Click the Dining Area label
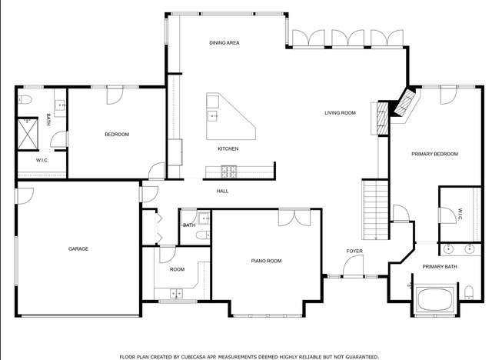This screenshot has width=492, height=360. (224, 42)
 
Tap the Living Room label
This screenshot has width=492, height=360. (340, 112)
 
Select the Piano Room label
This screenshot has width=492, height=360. (266, 261)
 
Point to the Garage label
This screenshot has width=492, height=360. (78, 249)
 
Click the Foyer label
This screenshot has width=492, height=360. (354, 251)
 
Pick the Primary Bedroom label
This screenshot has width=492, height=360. (434, 154)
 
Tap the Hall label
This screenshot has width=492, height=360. (222, 191)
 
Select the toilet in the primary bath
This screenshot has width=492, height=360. (469, 292)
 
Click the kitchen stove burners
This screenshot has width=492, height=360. (229, 172)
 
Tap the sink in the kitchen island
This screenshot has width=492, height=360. (212, 116)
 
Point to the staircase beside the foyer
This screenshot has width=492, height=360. (376, 209)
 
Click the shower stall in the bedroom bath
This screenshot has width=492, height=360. (28, 134)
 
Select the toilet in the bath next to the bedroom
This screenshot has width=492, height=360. (25, 100)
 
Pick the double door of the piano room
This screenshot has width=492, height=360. (294, 217)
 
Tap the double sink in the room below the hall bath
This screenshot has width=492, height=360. (176, 293)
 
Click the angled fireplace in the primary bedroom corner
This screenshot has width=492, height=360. (405, 102)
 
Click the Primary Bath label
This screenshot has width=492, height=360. (440, 267)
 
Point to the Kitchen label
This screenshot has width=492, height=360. (228, 148)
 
